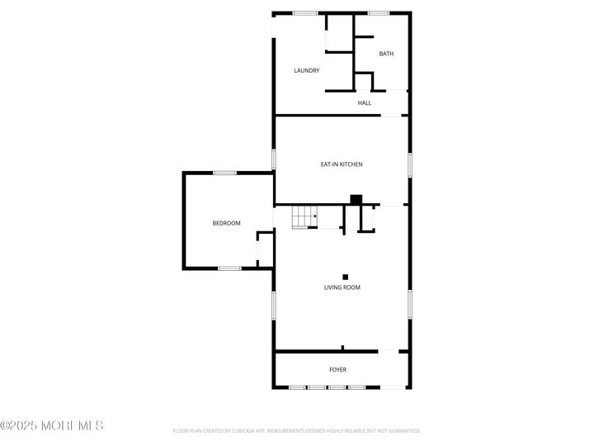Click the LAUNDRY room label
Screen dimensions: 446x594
(x=307, y=71)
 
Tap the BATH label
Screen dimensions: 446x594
(x=386, y=55)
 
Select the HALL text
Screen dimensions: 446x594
(x=364, y=103)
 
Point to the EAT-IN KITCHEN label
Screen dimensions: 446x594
(x=342, y=164)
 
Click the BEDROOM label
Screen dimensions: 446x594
(x=226, y=224)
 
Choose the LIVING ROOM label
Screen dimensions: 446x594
(x=342, y=287)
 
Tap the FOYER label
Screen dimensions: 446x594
(x=337, y=369)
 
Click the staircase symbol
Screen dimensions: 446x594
(x=304, y=217)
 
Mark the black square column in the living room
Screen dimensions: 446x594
(x=346, y=277)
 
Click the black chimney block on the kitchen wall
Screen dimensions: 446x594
(x=356, y=199)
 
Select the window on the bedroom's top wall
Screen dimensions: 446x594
(x=225, y=173)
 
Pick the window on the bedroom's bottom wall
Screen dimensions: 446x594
(x=229, y=268)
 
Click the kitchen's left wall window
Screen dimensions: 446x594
(x=274, y=159)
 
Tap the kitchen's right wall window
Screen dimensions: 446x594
(x=409, y=164)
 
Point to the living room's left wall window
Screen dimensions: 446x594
(x=274, y=305)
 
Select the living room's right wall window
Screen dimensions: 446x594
(x=409, y=303)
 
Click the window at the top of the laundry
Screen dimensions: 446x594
(x=305, y=12)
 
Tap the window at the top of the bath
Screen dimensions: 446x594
(x=379, y=12)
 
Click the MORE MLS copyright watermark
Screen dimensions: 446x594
(x=52, y=425)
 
